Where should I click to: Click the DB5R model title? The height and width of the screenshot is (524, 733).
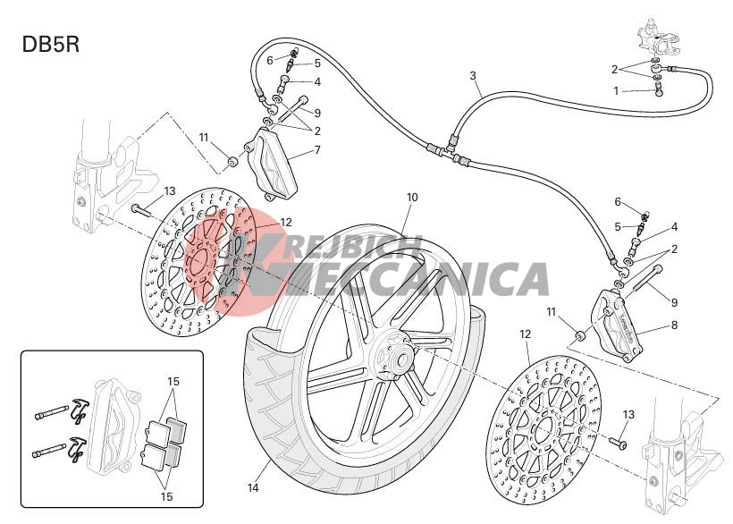click(x=50, y=45)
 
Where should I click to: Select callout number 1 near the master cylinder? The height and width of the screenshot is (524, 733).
click(x=616, y=90)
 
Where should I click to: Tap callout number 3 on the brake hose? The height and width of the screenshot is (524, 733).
click(x=473, y=75)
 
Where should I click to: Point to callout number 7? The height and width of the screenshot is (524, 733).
click(x=317, y=150)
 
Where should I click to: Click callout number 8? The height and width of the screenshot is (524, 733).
click(x=674, y=325)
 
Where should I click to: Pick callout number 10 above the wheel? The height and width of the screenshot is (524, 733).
click(x=412, y=198)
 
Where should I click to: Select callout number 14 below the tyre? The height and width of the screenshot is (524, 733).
click(x=253, y=487)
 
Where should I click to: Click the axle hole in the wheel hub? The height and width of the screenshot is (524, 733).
click(x=401, y=361)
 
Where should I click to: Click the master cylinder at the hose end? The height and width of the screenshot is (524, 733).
click(x=653, y=38)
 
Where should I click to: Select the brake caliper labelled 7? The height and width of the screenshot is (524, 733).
click(x=272, y=164)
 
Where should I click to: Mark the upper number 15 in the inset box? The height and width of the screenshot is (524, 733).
click(x=173, y=382)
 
